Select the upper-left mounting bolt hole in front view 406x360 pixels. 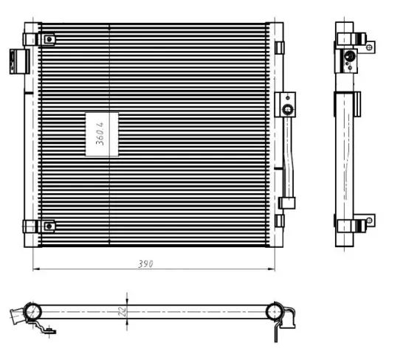coord(48,38)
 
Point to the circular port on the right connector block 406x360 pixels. coord(287,111)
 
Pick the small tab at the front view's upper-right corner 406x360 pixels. coord(280,47)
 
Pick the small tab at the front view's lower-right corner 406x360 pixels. coord(280,220)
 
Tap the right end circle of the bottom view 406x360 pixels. coord(275,311)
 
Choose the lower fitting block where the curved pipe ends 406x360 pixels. coord(287,202)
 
